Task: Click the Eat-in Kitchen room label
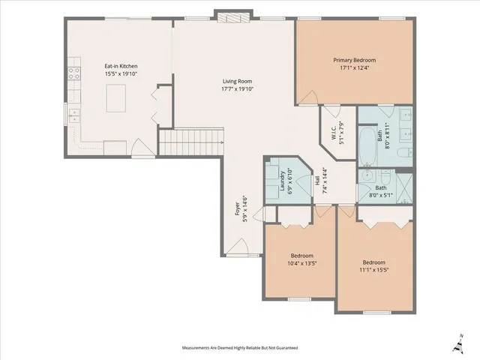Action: coord(121,66)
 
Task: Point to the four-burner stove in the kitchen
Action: coord(74,73)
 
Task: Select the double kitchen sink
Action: coord(73,115)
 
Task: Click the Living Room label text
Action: coord(236,81)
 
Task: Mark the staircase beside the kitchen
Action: coord(192,139)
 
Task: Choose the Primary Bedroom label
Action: coord(354,59)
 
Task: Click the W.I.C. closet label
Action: coord(334,132)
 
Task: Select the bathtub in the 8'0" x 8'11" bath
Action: coord(367,145)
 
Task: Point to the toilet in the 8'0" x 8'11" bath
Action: coord(403,154)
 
